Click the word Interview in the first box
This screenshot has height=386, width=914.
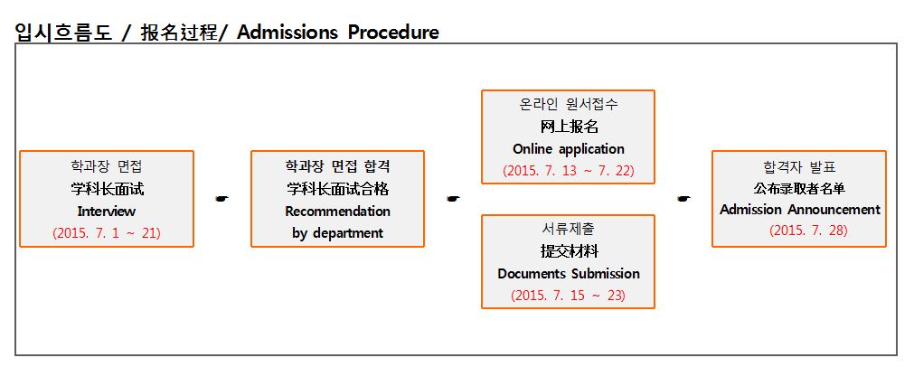click(x=106, y=211)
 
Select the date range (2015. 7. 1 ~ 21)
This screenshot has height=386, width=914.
click(x=106, y=233)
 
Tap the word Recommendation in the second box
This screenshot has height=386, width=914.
click(x=337, y=211)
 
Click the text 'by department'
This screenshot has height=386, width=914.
click(x=337, y=233)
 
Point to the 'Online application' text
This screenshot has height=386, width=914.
click(x=569, y=149)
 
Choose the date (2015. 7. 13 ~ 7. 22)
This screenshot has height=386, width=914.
click(x=569, y=171)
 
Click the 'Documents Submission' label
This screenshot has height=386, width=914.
click(x=569, y=274)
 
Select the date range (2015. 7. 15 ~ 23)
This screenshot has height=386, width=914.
click(x=569, y=296)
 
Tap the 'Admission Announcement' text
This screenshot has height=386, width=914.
click(x=800, y=210)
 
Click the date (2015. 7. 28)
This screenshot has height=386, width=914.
click(x=808, y=231)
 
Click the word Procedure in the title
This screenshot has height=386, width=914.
click(x=393, y=32)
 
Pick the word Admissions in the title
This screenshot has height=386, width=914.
click(x=287, y=32)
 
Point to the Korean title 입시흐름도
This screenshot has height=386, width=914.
click(x=63, y=33)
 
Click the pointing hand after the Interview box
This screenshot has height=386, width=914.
click(x=221, y=199)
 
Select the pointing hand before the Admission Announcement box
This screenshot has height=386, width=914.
click(x=683, y=199)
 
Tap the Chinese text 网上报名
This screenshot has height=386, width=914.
click(x=569, y=127)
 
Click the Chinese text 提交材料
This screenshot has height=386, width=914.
click(x=569, y=251)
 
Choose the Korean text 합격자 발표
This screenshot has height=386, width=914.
click(x=800, y=166)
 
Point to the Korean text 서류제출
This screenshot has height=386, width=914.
click(x=569, y=229)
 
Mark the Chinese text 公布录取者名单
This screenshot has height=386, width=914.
click(x=800, y=188)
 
